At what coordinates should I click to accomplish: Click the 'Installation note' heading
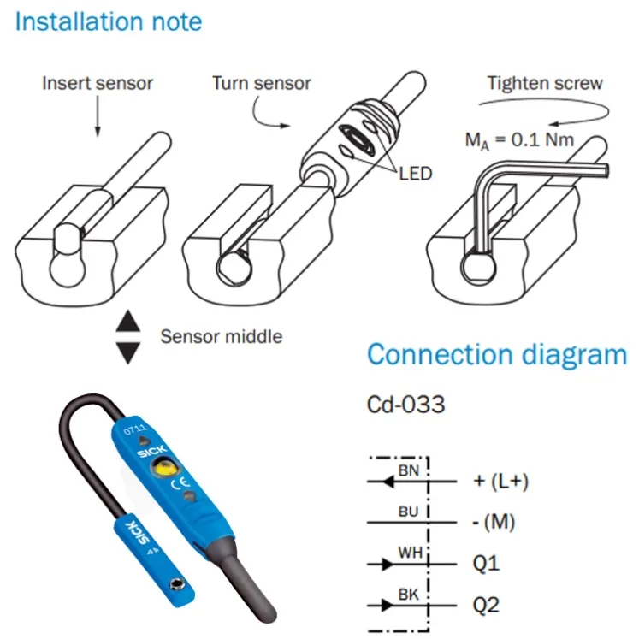click(109, 21)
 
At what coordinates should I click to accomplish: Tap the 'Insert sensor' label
click(98, 83)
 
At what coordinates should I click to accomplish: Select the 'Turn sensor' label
click(261, 83)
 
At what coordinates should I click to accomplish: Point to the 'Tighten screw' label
click(545, 84)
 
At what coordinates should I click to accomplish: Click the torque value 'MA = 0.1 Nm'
click(519, 140)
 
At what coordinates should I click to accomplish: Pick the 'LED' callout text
click(415, 174)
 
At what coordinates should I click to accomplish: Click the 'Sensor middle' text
click(222, 337)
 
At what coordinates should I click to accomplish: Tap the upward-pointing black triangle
click(128, 321)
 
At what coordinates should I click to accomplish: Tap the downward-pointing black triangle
click(128, 352)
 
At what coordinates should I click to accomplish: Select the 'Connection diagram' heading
click(497, 354)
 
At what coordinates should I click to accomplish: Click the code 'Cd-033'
click(405, 405)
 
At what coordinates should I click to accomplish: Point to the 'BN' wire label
click(409, 470)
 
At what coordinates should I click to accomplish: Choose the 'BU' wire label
click(409, 512)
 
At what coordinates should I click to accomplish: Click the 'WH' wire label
click(411, 553)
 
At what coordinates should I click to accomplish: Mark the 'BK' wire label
click(409, 595)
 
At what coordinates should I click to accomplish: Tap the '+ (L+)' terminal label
click(500, 482)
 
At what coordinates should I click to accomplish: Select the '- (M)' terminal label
click(494, 523)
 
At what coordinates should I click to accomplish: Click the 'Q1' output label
click(486, 564)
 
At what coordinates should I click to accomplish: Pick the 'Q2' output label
click(486, 605)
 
